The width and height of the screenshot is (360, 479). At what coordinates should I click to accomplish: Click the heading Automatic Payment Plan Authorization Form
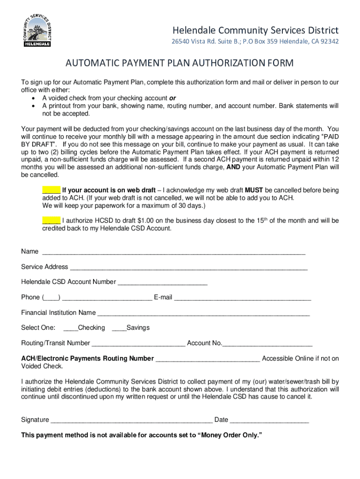click(180, 63)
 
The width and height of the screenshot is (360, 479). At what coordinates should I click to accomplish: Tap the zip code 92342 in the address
click(328, 42)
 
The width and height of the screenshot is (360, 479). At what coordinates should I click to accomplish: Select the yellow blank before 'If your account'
click(51, 190)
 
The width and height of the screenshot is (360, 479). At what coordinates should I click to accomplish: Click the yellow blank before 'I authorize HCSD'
click(51, 220)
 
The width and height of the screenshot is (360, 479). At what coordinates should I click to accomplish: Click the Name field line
click(173, 252)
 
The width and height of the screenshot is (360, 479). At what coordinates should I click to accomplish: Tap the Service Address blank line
click(188, 268)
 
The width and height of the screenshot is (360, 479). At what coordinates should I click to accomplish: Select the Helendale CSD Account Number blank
click(162, 283)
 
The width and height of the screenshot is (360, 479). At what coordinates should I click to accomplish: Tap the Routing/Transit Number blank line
click(138, 344)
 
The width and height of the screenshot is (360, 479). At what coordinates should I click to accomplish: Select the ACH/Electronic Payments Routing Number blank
click(208, 359)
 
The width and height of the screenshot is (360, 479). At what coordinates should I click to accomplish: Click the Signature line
click(131, 421)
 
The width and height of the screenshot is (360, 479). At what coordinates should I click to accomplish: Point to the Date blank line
click(269, 421)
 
